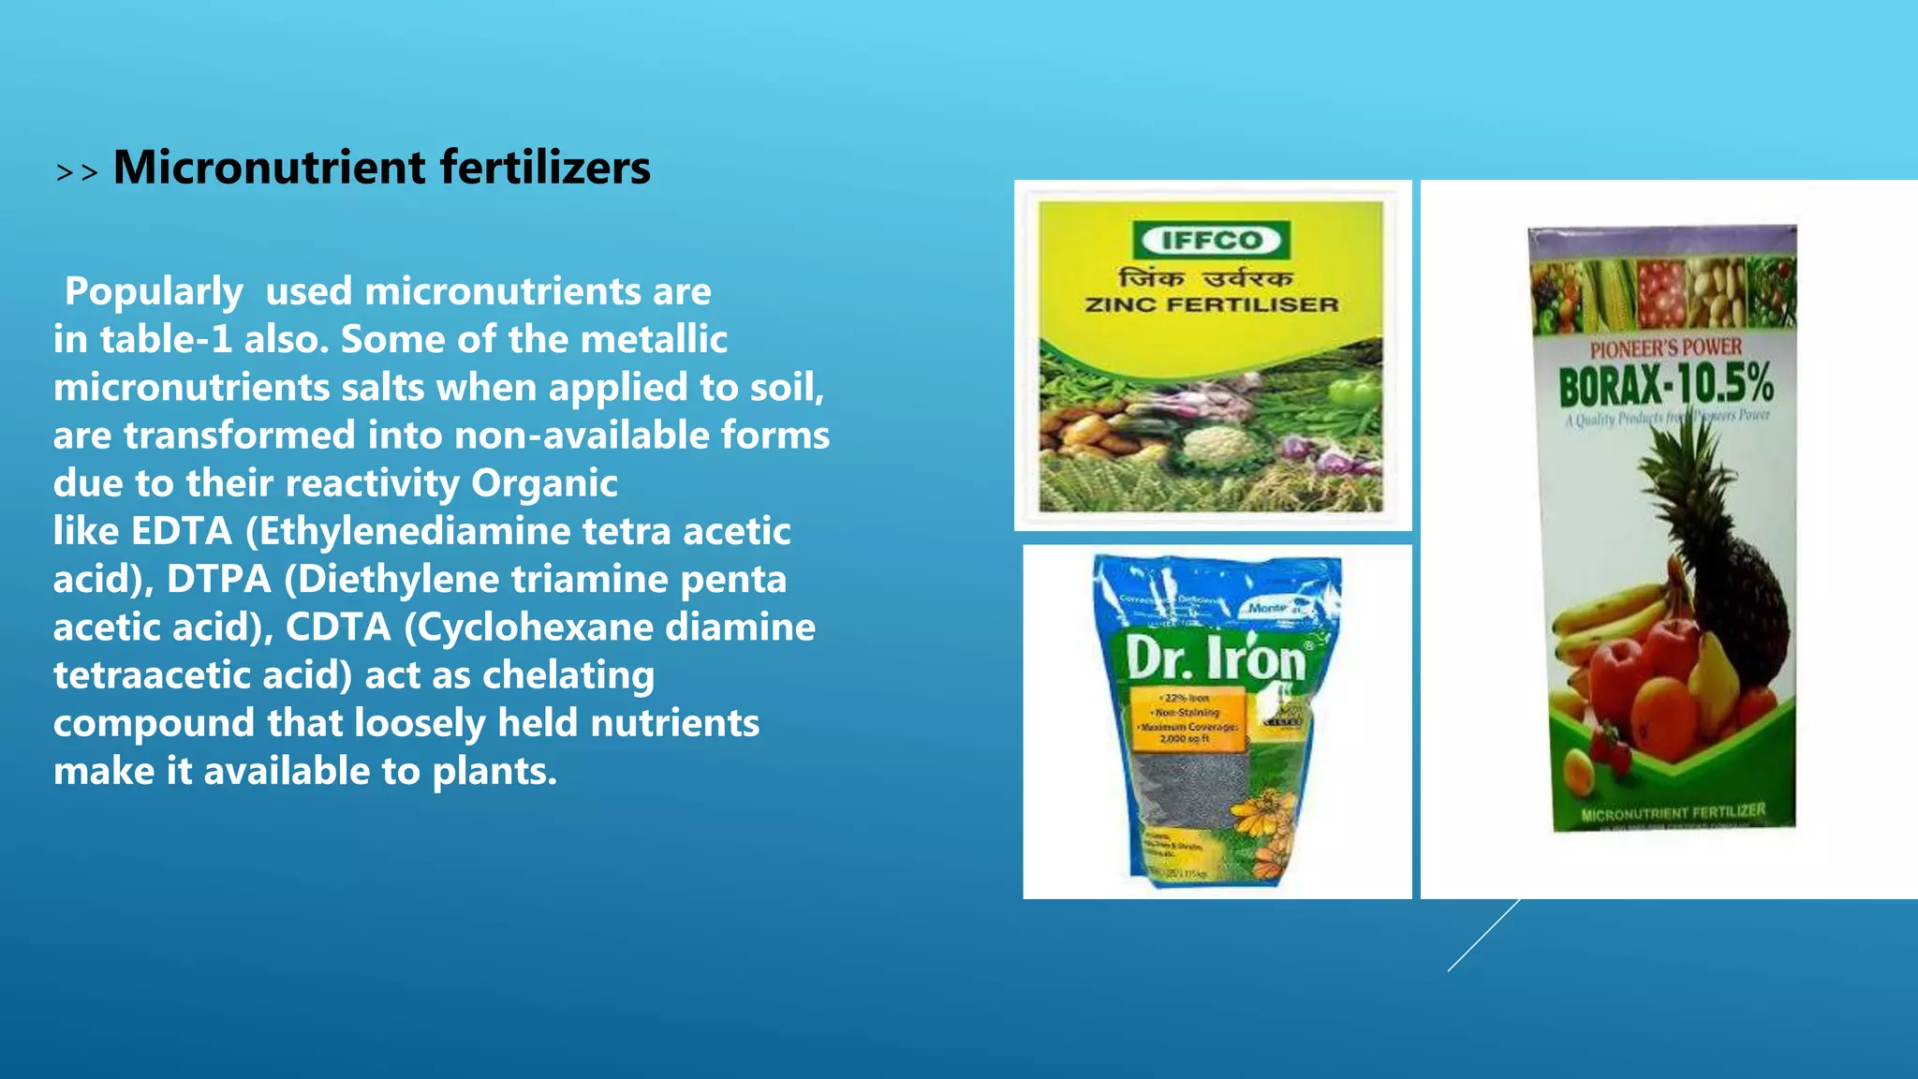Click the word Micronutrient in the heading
[270, 169]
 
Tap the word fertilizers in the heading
[545, 169]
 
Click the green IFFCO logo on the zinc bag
[1211, 241]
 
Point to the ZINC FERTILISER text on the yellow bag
[1212, 305]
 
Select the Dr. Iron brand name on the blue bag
[1216, 658]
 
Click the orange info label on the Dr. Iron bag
[1188, 719]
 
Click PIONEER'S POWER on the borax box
[1665, 348]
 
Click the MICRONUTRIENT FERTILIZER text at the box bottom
[1673, 813]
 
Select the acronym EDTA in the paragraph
[182, 532]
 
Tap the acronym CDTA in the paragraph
[337, 628]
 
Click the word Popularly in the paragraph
[154, 292]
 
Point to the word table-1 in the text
[166, 340]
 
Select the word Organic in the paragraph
[544, 484]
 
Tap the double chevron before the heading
[77, 173]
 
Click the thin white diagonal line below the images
[1483, 935]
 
